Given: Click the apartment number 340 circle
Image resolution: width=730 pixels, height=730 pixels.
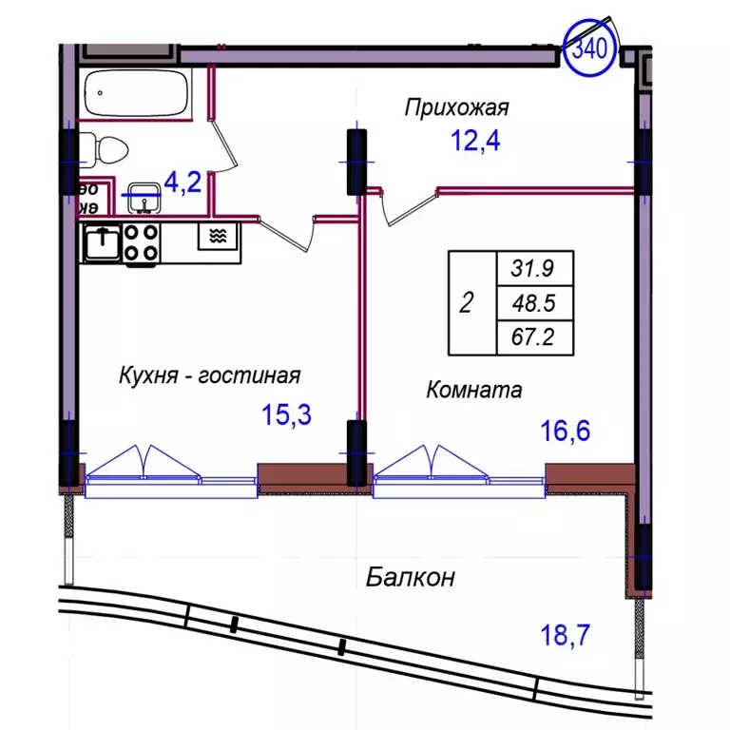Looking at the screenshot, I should click(590, 46).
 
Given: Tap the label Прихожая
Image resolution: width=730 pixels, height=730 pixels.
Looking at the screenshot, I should click(456, 107).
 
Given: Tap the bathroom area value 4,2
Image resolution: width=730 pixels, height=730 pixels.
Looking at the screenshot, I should click(182, 182).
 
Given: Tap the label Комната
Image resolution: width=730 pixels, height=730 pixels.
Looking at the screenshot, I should click(474, 389).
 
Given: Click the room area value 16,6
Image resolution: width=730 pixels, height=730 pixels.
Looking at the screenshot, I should click(565, 432).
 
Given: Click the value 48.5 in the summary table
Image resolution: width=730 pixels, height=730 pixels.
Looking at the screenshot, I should click(534, 303).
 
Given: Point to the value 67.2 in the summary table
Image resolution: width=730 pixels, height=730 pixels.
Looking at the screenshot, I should click(534, 337).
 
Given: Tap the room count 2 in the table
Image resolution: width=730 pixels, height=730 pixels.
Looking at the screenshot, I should click(466, 303).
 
